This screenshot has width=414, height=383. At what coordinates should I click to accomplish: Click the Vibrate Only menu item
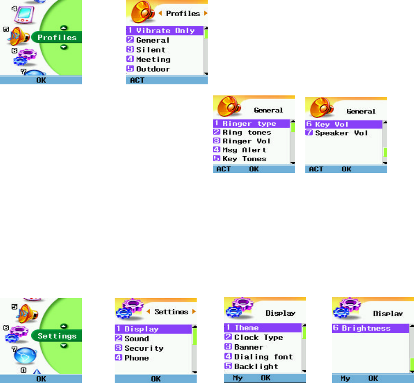[x=166, y=31]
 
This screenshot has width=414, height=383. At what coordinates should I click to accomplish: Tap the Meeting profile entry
[x=153, y=59]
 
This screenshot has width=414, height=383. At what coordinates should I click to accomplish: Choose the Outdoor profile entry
[x=153, y=69]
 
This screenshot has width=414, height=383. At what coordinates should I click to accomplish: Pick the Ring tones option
[x=247, y=132]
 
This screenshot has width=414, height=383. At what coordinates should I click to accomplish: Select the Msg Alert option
[x=245, y=150]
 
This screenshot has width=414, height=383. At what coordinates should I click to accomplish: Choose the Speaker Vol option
[x=341, y=133]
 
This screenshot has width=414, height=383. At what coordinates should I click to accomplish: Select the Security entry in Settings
[x=144, y=348]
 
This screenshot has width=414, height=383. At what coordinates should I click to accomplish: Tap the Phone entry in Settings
[x=136, y=358]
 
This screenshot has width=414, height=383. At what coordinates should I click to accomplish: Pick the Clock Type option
[x=258, y=337]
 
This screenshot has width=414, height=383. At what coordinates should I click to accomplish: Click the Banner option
[x=249, y=347]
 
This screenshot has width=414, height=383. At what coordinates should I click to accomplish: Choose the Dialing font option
[x=263, y=357]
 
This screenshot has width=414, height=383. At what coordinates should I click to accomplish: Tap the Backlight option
[x=256, y=366]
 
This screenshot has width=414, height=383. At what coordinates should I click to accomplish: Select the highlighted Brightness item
[x=366, y=328]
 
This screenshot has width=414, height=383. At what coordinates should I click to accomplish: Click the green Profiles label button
[x=57, y=37]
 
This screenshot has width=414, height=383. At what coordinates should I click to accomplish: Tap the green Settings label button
[x=57, y=336]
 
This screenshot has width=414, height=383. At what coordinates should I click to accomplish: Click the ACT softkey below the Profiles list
[x=137, y=81]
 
